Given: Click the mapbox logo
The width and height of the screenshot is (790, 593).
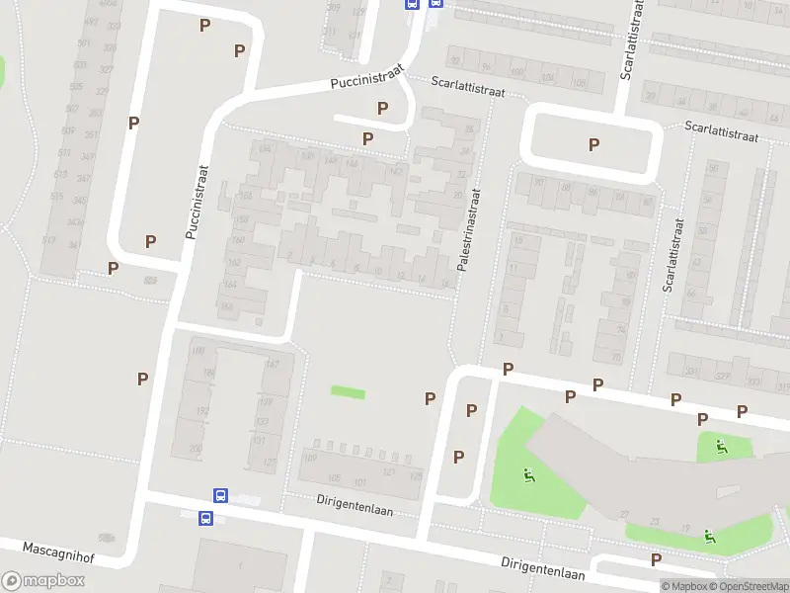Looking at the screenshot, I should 43,581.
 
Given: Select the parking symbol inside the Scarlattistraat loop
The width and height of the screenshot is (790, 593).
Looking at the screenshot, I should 593,144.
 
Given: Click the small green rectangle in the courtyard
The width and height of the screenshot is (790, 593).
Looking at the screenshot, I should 347,392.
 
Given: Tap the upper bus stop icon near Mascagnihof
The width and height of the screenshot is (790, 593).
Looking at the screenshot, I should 220,496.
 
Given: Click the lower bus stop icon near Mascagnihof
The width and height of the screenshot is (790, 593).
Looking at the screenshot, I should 206,518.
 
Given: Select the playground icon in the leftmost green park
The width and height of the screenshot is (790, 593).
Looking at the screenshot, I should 530,477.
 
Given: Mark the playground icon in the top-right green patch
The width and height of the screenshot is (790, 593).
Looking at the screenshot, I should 723,447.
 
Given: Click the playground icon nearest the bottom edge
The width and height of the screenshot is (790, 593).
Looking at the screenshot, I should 709,537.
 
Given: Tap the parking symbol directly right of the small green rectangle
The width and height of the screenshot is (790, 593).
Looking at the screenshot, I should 430,398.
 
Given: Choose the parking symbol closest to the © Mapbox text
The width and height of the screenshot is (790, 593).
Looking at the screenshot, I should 657,559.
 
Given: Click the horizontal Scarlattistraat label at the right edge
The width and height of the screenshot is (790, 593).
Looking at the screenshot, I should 723,131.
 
